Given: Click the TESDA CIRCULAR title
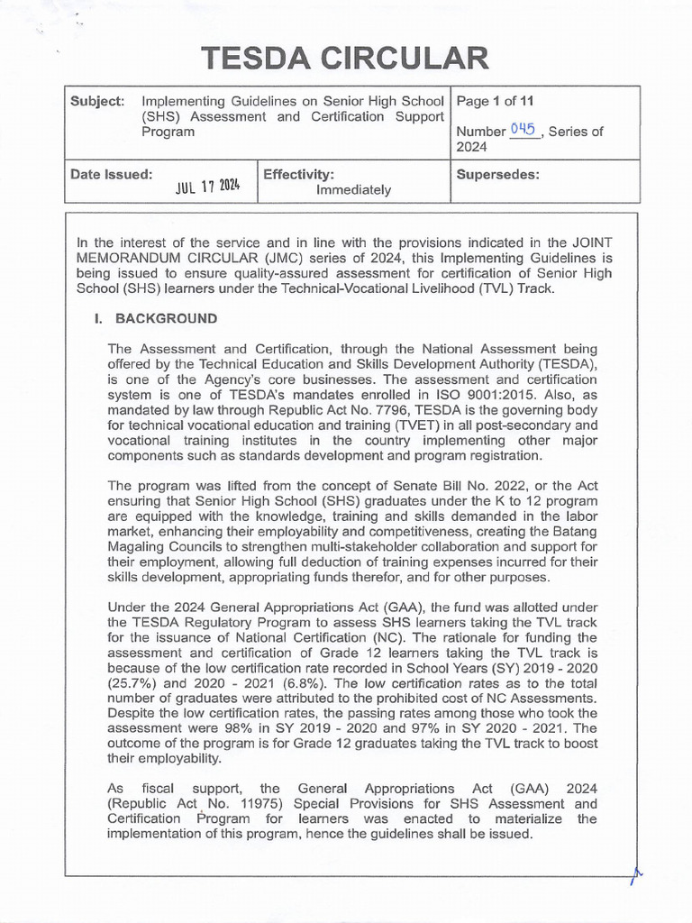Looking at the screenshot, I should click(x=346, y=59).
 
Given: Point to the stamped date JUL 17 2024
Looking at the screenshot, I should click(x=207, y=186).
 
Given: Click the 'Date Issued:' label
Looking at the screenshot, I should click(x=111, y=173).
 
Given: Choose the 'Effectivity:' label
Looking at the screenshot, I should click(x=299, y=173).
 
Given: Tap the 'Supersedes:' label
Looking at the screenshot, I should click(x=498, y=173).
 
